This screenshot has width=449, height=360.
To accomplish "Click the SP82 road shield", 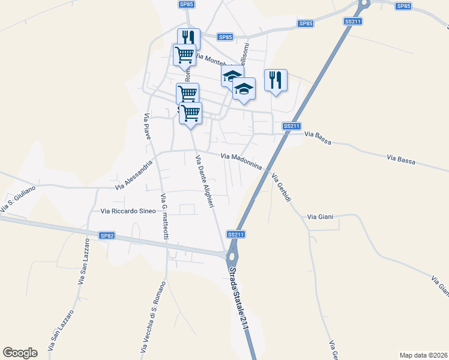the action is [x=107, y=236].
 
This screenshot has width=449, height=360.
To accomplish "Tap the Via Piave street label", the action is [x=147, y=126].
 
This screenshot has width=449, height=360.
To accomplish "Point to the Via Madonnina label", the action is [x=241, y=160].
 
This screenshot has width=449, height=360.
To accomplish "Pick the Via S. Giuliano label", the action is [x=18, y=199].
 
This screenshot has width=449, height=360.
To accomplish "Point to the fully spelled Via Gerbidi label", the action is [x=281, y=187].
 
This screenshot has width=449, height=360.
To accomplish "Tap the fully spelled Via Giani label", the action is [x=320, y=217].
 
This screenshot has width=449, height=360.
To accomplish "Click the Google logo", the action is [x=20, y=353].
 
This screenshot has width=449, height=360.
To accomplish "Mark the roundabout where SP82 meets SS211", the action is [x=231, y=257].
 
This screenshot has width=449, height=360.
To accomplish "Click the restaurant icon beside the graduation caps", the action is [x=276, y=80].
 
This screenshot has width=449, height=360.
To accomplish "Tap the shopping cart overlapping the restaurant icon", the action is [x=184, y=54].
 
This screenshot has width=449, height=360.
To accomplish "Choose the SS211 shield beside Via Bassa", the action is [x=291, y=126].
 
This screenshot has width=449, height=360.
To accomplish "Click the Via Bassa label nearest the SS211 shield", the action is [x=318, y=138].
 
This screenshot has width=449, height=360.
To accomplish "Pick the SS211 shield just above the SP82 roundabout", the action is [x=236, y=233].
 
